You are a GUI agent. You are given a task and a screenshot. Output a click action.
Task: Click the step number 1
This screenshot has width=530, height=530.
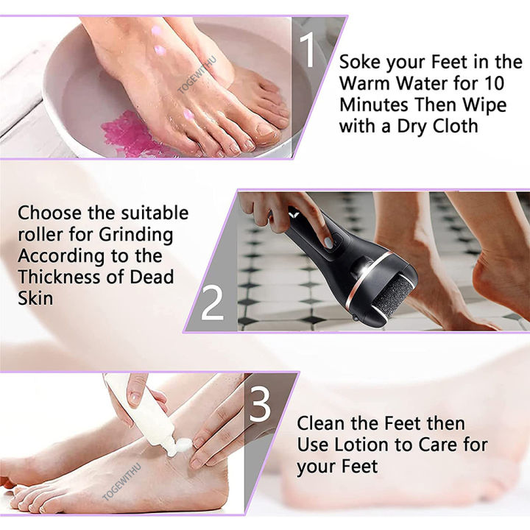coord(308,51)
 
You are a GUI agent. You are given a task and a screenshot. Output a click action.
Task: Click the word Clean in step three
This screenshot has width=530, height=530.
coord(322,424)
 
